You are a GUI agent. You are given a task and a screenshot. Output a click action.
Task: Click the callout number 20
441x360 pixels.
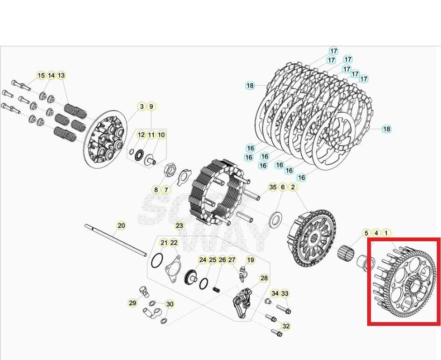pyautogui.click(x=121, y=226)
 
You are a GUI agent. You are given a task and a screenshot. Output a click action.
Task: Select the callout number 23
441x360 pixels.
pyautogui.click(x=179, y=226)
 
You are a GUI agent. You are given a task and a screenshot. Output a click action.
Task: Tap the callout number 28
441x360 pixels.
pyautogui.click(x=264, y=278)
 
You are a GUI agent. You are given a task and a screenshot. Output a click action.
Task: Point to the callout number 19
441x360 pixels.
pyautogui.click(x=250, y=260)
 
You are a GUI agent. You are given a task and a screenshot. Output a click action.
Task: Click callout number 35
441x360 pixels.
pyautogui.click(x=273, y=187)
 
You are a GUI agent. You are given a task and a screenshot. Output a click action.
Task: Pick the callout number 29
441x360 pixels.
pyautogui.click(x=133, y=303)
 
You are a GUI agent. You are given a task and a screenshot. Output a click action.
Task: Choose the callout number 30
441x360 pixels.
pyautogui.click(x=170, y=304)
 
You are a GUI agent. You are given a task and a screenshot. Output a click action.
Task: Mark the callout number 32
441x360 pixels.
pyautogui.click(x=286, y=326)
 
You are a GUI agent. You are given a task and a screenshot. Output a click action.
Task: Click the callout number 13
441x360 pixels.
pyautogui.click(x=61, y=75)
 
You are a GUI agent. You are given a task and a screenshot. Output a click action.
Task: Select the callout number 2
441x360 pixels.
pyautogui.click(x=293, y=187)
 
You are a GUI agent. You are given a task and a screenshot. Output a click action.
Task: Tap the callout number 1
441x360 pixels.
pyautogui.click(x=386, y=233)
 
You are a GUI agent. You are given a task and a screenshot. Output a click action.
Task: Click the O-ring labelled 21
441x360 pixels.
pyautogui.click(x=158, y=259)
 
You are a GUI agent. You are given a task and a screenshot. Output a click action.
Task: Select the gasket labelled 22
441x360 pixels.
pyautogui.click(x=172, y=269)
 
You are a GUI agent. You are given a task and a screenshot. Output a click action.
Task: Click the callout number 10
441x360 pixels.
pyautogui.click(x=161, y=135)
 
